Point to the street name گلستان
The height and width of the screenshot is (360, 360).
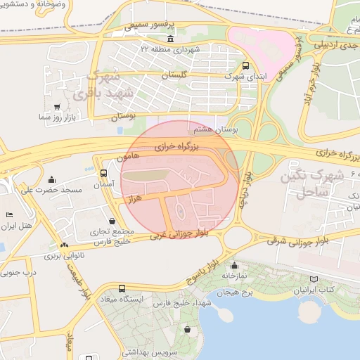pyautogui.click(x=176, y=74)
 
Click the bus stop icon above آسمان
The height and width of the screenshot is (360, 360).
pyautogui.click(x=104, y=172)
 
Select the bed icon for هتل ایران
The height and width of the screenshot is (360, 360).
pyautogui.click(x=8, y=214)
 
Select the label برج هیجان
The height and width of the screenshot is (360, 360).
pyautogui.click(x=234, y=289)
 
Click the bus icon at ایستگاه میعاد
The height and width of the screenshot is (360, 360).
pyautogui.click(x=122, y=288)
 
